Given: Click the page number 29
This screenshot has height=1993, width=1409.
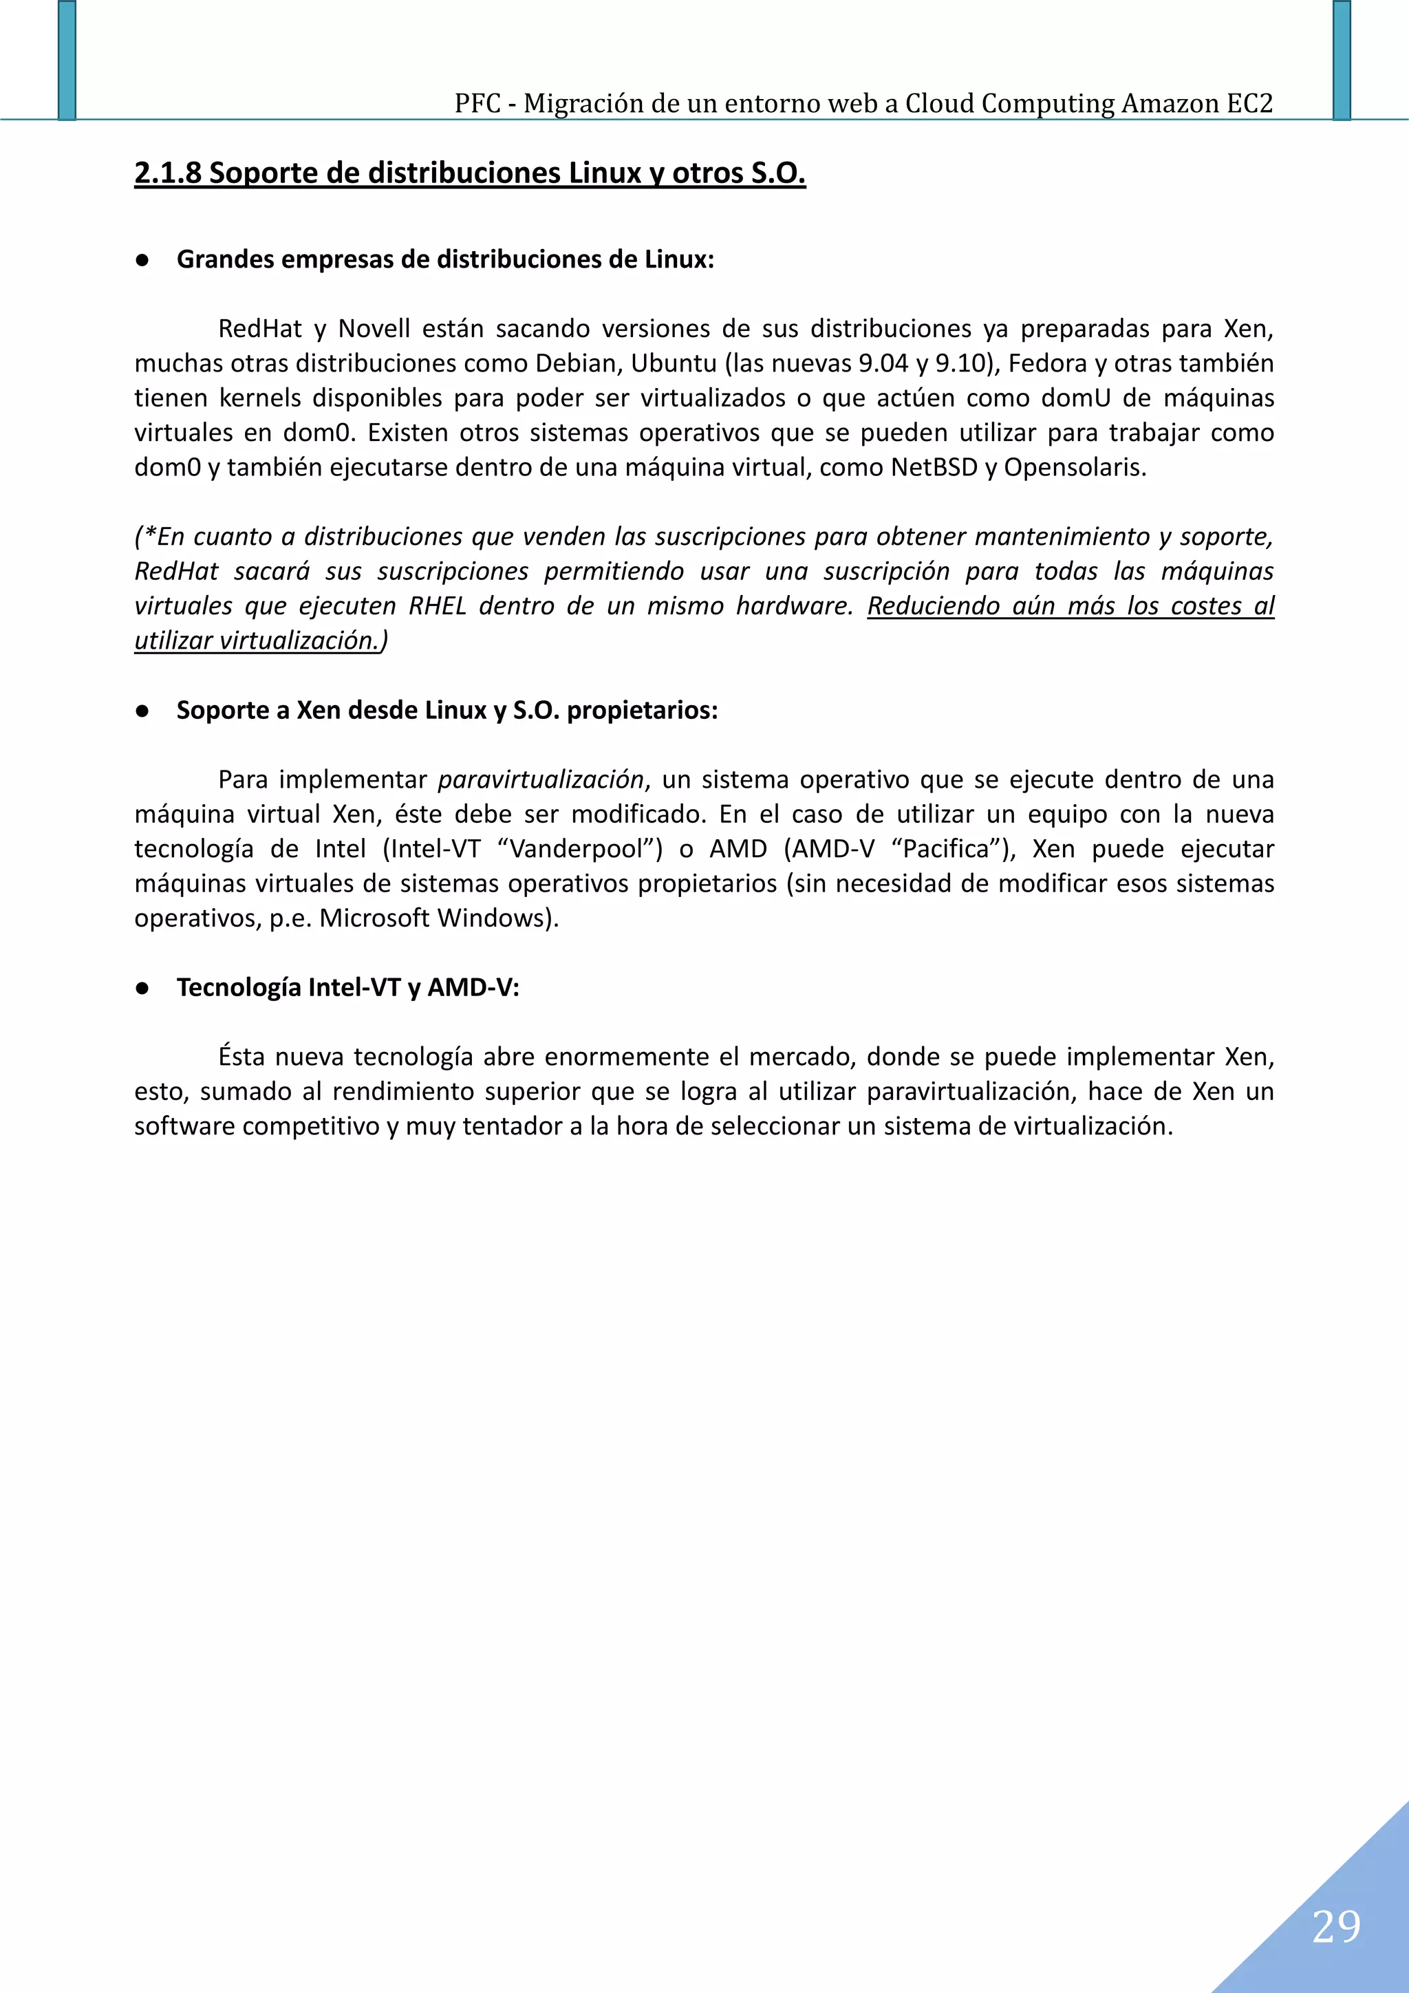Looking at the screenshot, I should [1336, 1926].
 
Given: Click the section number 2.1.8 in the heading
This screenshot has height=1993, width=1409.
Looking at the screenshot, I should [168, 173].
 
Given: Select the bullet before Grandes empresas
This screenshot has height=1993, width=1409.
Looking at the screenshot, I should [142, 259].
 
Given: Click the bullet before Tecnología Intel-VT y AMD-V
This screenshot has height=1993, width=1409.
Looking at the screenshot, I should [142, 988].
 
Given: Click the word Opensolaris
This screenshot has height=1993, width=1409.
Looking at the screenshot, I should [1075, 468].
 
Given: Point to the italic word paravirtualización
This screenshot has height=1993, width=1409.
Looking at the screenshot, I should [541, 780].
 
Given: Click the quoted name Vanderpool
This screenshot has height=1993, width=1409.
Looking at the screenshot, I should [580, 849].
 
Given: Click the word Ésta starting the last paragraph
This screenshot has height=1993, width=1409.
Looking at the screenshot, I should [241, 1057].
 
